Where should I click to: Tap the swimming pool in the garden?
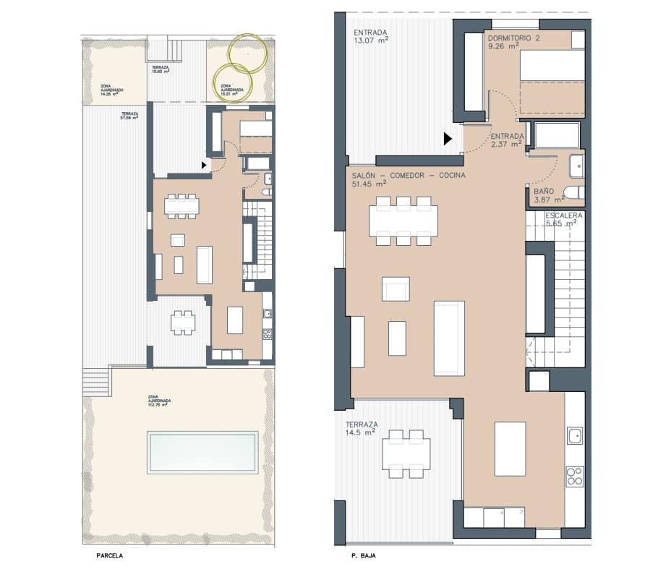(x=202, y=452)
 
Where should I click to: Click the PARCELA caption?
(x=109, y=557)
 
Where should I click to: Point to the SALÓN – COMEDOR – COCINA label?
(x=409, y=176)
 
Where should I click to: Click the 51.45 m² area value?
(x=369, y=184)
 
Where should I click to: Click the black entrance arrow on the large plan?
(x=448, y=138)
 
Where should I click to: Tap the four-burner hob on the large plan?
(x=574, y=476)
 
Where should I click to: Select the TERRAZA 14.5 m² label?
(x=360, y=428)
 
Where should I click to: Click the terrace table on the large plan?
(x=406, y=453)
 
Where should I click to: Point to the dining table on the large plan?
(x=403, y=221)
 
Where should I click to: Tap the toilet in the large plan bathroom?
(x=575, y=193)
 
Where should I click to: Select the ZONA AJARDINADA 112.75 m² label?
(x=158, y=401)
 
